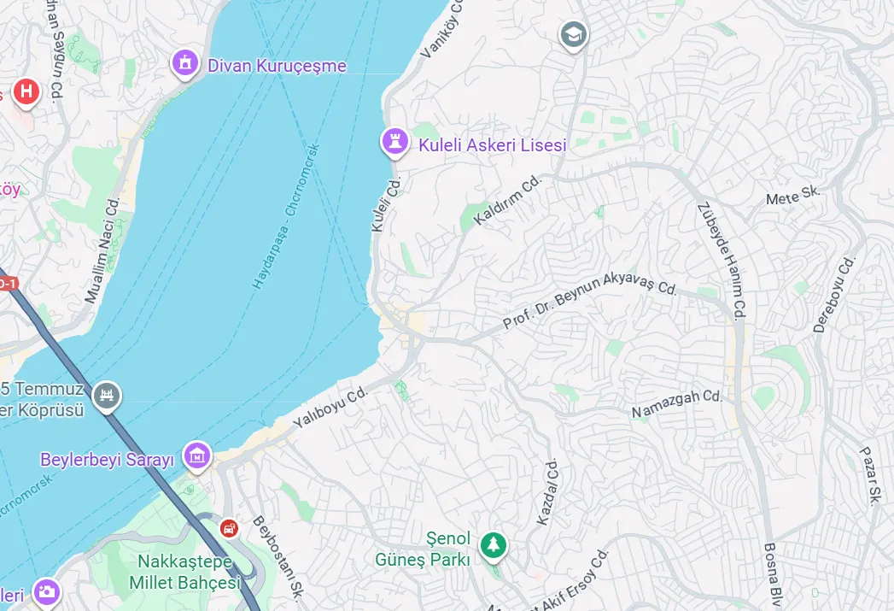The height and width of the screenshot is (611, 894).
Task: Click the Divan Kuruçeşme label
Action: pos(277,66)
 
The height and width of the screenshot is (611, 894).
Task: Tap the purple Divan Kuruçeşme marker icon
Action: pos(184,62)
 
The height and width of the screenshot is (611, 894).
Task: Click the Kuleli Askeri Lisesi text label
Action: pos(492,145)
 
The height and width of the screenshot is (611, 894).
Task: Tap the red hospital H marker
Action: pos(26,91)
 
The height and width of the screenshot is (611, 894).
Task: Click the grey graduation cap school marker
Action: pos(574,35)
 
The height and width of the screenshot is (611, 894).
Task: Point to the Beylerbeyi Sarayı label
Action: pos(107,460)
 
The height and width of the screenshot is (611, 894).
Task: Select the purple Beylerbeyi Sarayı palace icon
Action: pos(197,455)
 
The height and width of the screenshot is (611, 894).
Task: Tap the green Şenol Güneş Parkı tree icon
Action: pos(493,543)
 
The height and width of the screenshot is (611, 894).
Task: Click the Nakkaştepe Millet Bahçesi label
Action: pos(184,573)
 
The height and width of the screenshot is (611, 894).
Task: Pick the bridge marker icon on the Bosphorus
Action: pos(107,395)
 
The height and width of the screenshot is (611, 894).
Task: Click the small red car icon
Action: pos(229,528)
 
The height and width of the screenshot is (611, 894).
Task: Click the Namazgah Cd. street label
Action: pos(677,403)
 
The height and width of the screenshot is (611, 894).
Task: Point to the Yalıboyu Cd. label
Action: pos(330,407)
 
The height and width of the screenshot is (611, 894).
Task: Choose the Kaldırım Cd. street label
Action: pos(509,200)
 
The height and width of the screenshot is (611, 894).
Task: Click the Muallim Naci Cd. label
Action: pos(102,250)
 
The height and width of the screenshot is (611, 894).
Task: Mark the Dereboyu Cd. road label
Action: pos(834,294)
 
